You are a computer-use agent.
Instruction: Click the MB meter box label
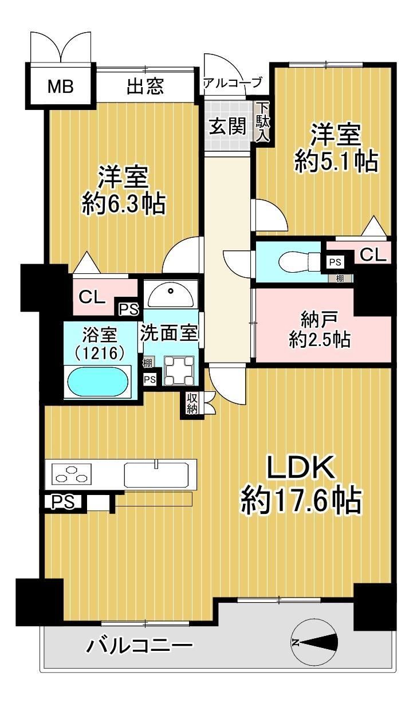[61, 87]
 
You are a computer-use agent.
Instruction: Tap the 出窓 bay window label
[145, 86]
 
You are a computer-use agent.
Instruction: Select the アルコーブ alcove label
[233, 83]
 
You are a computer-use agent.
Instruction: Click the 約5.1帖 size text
[336, 162]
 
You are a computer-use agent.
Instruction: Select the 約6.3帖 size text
[124, 204]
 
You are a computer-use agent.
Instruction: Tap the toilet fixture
[299, 261]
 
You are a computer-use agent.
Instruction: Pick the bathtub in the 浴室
[98, 380]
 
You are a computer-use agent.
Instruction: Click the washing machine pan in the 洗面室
[179, 371]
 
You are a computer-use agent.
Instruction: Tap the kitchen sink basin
[156, 475]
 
